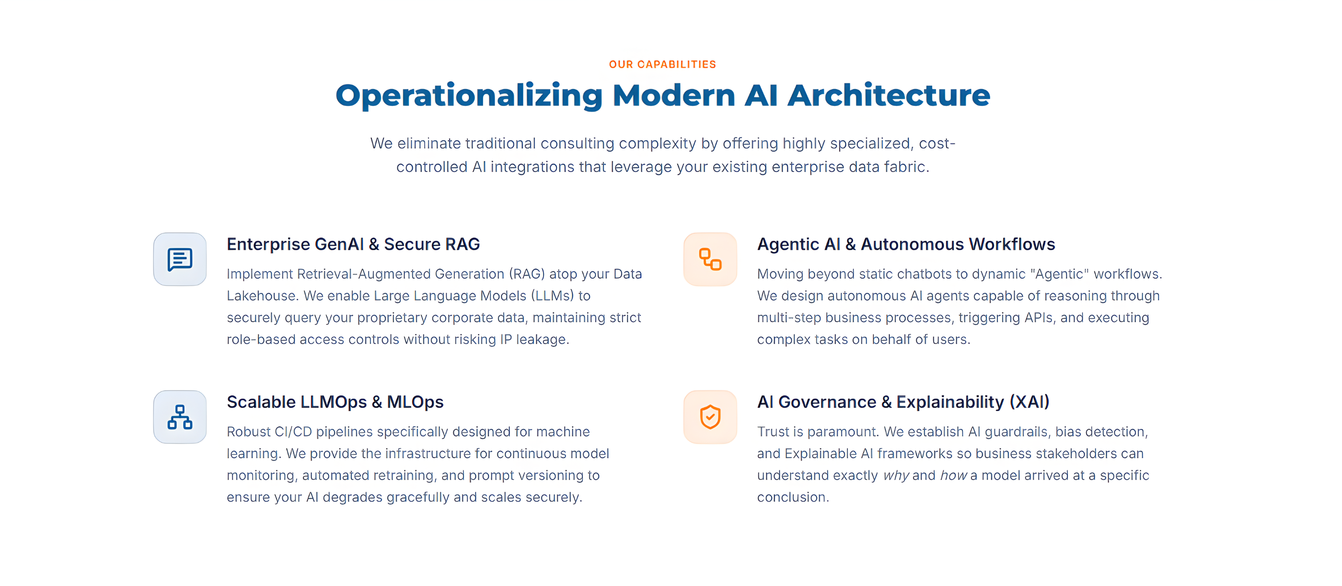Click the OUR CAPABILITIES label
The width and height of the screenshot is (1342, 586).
coord(662,64)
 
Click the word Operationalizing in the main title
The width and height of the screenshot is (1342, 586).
coord(469,95)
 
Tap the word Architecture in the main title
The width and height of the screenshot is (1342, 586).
coord(888,95)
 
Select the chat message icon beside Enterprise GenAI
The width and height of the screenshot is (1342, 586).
coord(180,259)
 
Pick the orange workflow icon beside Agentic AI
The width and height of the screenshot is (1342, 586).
coord(710,259)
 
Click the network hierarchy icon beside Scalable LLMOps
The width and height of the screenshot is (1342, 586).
coord(180,417)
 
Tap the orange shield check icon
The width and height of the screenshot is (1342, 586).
coord(710,417)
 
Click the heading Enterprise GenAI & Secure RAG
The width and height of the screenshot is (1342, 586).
coord(353,244)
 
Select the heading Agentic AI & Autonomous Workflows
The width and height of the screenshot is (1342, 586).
coord(906,244)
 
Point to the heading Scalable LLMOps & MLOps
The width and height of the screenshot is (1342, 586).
coord(335,402)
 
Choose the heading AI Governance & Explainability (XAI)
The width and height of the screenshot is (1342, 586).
coord(903,402)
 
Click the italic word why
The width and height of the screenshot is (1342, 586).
coord(895,476)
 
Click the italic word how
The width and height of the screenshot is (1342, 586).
coord(953,476)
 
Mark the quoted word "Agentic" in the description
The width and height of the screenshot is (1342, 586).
coord(1059,274)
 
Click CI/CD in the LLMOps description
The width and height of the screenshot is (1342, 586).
coord(293,432)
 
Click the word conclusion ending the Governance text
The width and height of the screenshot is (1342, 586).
coord(791,497)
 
